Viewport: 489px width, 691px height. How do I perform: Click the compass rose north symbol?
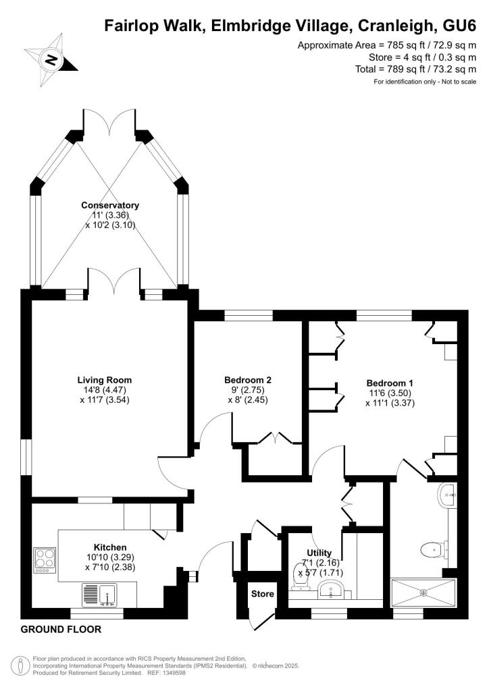pos(51,60)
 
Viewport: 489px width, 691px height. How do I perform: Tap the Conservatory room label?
pos(110,205)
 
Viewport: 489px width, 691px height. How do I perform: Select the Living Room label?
pos(105,380)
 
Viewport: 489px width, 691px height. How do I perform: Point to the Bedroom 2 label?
pos(248,380)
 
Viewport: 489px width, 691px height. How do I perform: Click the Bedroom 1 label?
pos(390,383)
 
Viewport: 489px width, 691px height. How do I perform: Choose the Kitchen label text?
pos(110,548)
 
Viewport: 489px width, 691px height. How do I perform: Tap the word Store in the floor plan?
pos(262,594)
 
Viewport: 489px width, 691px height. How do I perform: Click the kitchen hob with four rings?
pos(45,560)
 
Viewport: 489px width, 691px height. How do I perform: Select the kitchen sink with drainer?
pos(100,595)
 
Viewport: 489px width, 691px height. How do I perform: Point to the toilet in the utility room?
pos(300,576)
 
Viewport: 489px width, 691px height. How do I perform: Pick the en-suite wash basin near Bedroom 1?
pos(447,495)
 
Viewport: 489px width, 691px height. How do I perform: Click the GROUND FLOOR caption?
pos(61,630)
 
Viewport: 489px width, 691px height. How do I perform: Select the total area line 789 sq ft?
pos(416,70)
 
